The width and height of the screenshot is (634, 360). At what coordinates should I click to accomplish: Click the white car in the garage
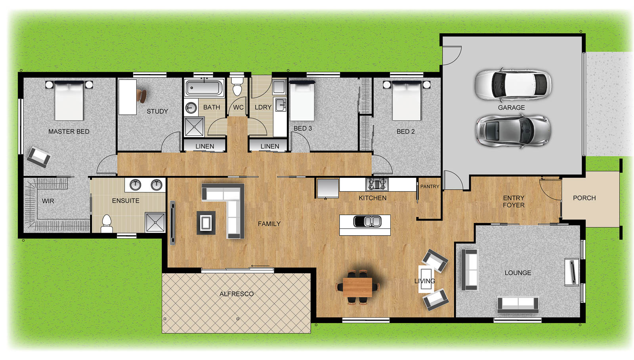(x=513, y=85)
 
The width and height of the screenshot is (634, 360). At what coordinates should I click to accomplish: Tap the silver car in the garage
(x=513, y=131)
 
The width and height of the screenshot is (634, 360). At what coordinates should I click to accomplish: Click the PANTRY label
(x=430, y=187)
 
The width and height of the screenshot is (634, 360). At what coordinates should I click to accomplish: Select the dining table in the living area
(x=357, y=287)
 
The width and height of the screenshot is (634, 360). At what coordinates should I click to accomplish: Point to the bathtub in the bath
(x=204, y=88)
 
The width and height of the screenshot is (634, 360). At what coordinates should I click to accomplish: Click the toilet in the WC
(x=237, y=84)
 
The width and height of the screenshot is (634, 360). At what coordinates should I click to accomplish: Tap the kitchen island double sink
(x=368, y=221)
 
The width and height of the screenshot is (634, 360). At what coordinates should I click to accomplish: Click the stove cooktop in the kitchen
(x=377, y=185)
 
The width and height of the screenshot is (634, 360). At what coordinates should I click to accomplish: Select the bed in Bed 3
(x=302, y=101)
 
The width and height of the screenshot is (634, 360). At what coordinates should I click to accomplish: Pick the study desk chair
(x=142, y=95)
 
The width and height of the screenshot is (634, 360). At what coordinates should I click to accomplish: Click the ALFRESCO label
(x=237, y=294)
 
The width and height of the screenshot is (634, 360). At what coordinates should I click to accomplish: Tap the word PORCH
(x=584, y=198)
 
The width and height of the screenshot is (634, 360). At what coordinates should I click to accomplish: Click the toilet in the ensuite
(x=107, y=224)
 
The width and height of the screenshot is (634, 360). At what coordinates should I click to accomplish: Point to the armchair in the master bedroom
(x=39, y=157)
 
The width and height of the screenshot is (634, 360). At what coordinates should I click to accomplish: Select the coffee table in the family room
(x=206, y=223)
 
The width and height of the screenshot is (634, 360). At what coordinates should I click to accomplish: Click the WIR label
(x=48, y=201)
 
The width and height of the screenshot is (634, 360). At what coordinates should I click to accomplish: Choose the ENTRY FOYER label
(x=514, y=201)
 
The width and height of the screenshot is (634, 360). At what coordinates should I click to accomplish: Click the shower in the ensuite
(x=155, y=223)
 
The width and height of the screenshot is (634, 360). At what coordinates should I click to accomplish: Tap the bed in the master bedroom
(x=69, y=101)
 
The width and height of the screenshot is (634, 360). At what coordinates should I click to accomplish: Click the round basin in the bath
(x=191, y=108)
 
